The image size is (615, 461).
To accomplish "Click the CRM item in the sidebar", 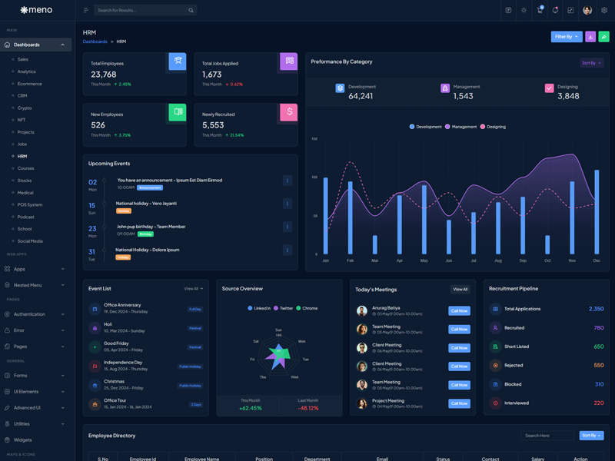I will [x=22, y=96].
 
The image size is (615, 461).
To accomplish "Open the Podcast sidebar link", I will [x=26, y=217].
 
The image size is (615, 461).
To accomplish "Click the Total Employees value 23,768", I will [x=104, y=75].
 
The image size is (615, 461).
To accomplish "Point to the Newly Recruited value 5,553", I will [x=213, y=125].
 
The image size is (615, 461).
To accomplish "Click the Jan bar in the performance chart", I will [x=326, y=215].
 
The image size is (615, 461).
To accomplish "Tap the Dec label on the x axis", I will [x=597, y=260].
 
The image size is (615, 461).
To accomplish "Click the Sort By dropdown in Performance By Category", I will [x=591, y=63].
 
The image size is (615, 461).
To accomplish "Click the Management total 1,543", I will [x=464, y=96].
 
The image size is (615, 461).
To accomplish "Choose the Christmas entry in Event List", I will [x=114, y=381].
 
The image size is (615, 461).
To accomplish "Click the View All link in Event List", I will [x=193, y=289].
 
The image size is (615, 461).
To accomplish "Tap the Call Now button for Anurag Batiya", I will [x=459, y=311].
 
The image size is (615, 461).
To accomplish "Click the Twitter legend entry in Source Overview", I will [x=283, y=308].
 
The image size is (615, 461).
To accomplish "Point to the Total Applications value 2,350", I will [x=596, y=309].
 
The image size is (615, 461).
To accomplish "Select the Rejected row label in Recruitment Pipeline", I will [x=514, y=366].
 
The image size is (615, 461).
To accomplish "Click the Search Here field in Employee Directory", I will [x=547, y=436].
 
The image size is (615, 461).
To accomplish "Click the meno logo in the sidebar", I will [x=36, y=10].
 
